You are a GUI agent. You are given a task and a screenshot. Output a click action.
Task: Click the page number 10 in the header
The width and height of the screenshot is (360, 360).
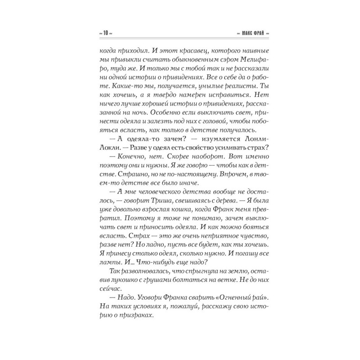104,34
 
